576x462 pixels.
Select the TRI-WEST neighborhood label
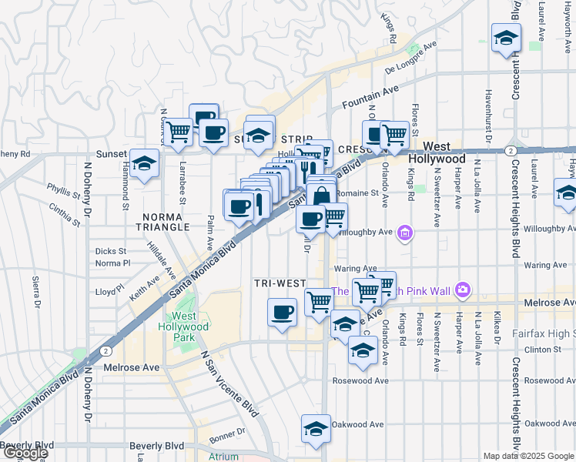coord(280,283)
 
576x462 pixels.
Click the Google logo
coord(25,454)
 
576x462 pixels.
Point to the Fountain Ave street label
coord(370,96)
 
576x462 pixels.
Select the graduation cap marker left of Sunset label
coord(144,164)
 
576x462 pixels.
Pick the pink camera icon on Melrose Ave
coord(462,290)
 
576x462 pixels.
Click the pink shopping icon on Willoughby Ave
coord(406,231)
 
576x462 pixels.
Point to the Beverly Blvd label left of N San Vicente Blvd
coord(156,446)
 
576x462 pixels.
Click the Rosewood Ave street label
coord(360,380)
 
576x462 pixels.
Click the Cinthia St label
coord(65,214)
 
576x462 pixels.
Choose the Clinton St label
coord(543,350)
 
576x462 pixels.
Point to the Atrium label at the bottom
coord(223,457)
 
